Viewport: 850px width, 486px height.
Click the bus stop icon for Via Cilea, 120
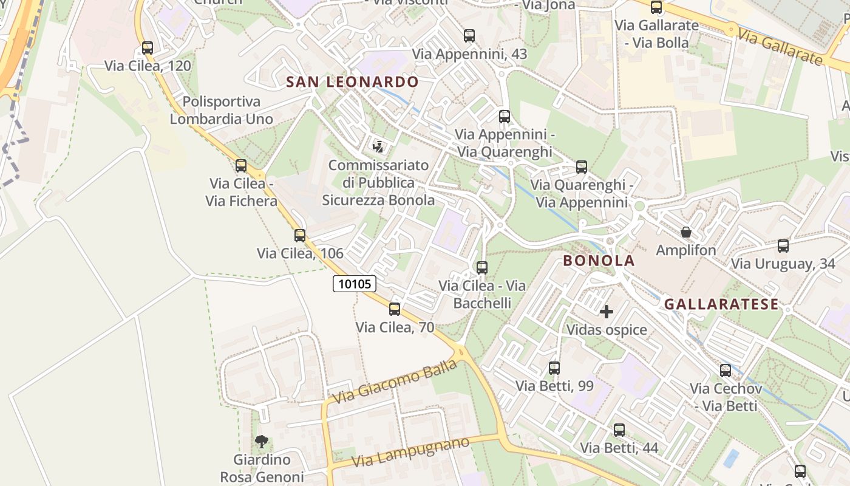[148, 48]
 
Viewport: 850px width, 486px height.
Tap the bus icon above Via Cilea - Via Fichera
[241, 165]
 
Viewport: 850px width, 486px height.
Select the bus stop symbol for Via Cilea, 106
[300, 236]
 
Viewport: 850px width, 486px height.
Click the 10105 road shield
[355, 284]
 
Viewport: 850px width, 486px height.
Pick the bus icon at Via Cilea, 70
[395, 309]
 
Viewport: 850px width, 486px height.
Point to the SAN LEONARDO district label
[352, 82]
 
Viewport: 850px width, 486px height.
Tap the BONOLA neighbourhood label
[599, 261]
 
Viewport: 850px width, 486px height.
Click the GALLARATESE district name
[721, 304]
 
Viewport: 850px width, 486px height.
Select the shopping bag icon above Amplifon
[686, 232]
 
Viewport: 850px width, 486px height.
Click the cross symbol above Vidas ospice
[606, 312]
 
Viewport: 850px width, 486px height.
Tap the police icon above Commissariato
[378, 146]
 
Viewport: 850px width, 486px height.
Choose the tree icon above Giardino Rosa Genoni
[262, 442]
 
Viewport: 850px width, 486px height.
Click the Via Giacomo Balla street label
[395, 382]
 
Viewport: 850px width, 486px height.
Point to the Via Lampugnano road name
[410, 452]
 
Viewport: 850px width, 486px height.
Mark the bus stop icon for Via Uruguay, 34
[783, 246]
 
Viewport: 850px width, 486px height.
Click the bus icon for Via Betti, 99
[554, 368]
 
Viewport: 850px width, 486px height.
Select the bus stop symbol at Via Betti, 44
[619, 430]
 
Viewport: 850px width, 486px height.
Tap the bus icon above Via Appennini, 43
[469, 36]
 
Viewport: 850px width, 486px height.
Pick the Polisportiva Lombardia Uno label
[221, 110]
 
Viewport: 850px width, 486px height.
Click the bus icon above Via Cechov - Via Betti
[725, 371]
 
